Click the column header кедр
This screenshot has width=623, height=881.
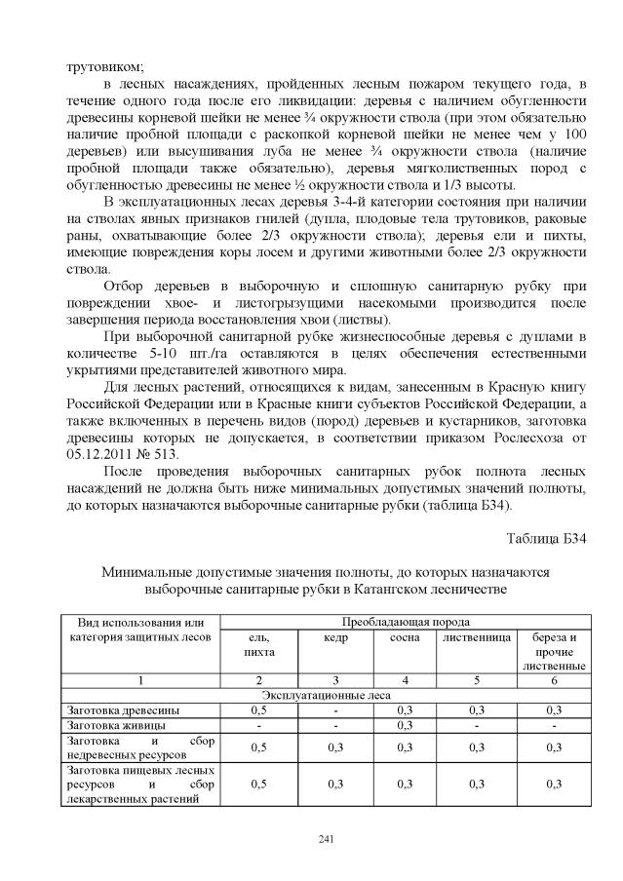point(335,637)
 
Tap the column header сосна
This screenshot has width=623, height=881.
point(405,637)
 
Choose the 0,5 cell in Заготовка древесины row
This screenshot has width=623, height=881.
point(258,710)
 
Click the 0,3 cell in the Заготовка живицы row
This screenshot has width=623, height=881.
point(405,725)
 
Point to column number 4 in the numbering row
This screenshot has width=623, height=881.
point(405,679)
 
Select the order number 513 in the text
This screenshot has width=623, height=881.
point(181,454)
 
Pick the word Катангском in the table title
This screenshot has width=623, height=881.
point(386,590)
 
